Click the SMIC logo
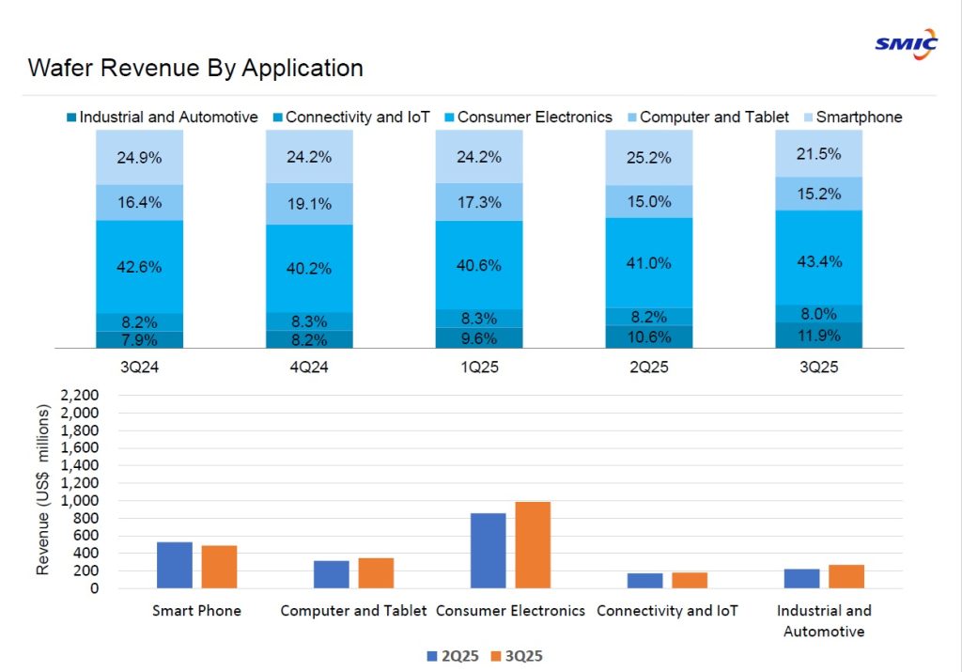coord(906,42)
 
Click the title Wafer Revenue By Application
coord(195,69)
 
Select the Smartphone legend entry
coord(858,117)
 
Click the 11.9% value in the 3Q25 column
coord(817,336)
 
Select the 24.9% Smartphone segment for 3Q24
coord(139,157)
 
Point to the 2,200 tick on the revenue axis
coord(79,396)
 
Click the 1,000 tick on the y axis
coord(79,501)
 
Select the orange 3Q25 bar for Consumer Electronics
coord(533,545)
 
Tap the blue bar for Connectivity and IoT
coord(645,581)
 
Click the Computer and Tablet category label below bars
coord(353,611)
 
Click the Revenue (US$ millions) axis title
coord(43,490)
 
